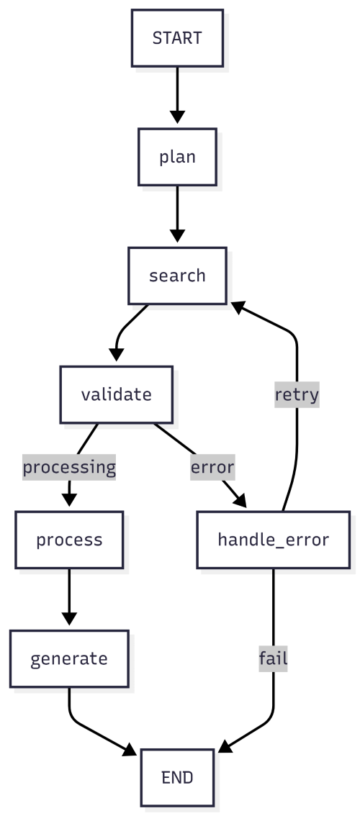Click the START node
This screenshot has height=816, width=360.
pyautogui.click(x=177, y=37)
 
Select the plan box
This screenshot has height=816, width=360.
pyautogui.click(x=177, y=157)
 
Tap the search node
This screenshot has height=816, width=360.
pyautogui.click(x=177, y=276)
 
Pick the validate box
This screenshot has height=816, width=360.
pyautogui.click(x=116, y=394)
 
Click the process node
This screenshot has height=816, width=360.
pyautogui.click(x=69, y=540)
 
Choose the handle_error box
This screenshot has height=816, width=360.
pyautogui.click(x=273, y=540)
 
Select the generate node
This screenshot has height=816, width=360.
pyautogui.click(x=69, y=658)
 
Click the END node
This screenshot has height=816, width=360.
pyautogui.click(x=177, y=777)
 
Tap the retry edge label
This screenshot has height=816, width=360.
pyautogui.click(x=297, y=394)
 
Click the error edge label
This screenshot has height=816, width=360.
pyautogui.click(x=212, y=467)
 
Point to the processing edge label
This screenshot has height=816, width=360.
pyautogui.click(x=69, y=467)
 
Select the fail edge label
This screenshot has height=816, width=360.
pyautogui.click(x=273, y=658)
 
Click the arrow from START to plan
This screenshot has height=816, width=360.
pyautogui.click(x=177, y=94)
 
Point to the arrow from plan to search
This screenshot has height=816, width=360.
pyautogui.click(x=177, y=212)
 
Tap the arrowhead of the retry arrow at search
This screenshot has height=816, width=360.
pyautogui.click(x=238, y=305)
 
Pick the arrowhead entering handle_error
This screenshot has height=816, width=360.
pyautogui.click(x=240, y=502)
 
